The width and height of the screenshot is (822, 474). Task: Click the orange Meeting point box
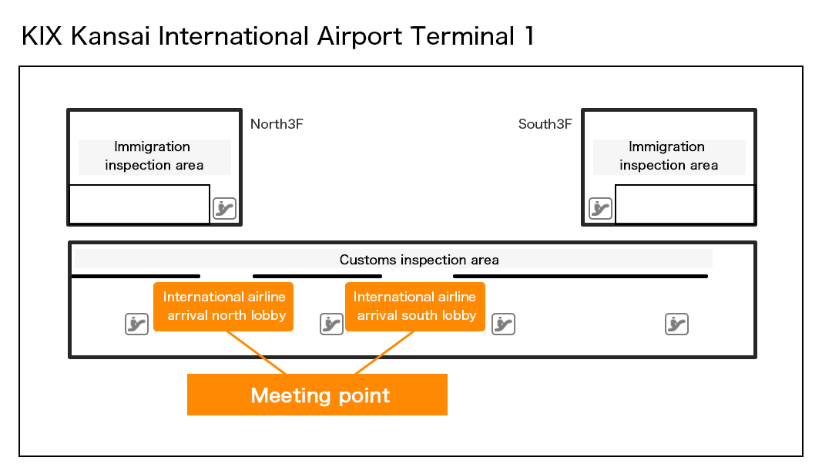pyautogui.click(x=317, y=395)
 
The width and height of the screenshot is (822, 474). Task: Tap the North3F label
pyautogui.click(x=277, y=124)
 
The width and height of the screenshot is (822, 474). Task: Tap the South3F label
pyautogui.click(x=545, y=124)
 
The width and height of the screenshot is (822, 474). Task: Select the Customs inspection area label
pyautogui.click(x=419, y=260)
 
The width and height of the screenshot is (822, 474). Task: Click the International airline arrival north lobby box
pyautogui.click(x=223, y=306)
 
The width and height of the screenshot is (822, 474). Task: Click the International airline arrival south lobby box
pyautogui.click(x=414, y=306)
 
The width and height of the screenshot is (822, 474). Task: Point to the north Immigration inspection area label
pyautogui.click(x=154, y=156)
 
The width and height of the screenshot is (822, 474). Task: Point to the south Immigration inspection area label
pyautogui.click(x=668, y=156)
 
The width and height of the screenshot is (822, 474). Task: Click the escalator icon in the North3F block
pyautogui.click(x=224, y=208)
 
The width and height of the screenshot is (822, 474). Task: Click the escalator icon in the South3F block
pyautogui.click(x=600, y=208)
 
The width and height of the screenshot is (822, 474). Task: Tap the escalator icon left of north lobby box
pyautogui.click(x=136, y=324)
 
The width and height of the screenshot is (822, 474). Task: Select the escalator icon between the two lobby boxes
pyautogui.click(x=331, y=324)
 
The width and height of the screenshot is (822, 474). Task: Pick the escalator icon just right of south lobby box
pyautogui.click(x=503, y=324)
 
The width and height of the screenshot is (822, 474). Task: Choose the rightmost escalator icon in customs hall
pyautogui.click(x=676, y=324)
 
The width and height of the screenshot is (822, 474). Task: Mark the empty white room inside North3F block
pyautogui.click(x=139, y=204)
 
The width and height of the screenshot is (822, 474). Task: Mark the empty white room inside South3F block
pyautogui.click(x=684, y=204)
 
